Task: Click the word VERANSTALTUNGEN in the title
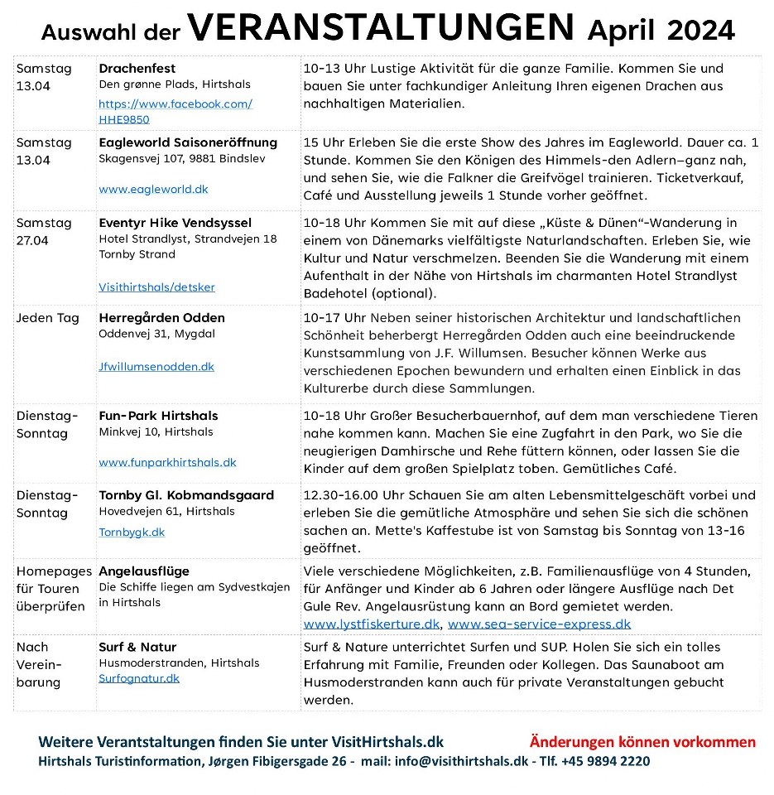click(x=381, y=27)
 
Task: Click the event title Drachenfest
click(x=137, y=68)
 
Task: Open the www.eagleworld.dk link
click(x=153, y=189)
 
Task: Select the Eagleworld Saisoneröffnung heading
click(x=188, y=142)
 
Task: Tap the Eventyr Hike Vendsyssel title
click(x=175, y=223)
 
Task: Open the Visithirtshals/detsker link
click(x=156, y=287)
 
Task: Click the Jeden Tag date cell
click(x=48, y=318)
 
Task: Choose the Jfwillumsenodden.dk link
click(x=156, y=366)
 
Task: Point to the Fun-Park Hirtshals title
click(x=158, y=416)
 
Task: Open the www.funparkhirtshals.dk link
click(x=167, y=463)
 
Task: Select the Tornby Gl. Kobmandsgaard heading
click(x=186, y=495)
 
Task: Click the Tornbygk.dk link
click(x=132, y=532)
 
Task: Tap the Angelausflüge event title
click(x=144, y=571)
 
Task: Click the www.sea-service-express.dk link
click(x=539, y=624)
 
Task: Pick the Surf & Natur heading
click(x=137, y=647)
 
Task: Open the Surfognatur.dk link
click(x=139, y=678)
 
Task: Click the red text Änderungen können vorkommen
click(x=642, y=742)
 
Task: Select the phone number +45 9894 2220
click(x=605, y=762)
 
